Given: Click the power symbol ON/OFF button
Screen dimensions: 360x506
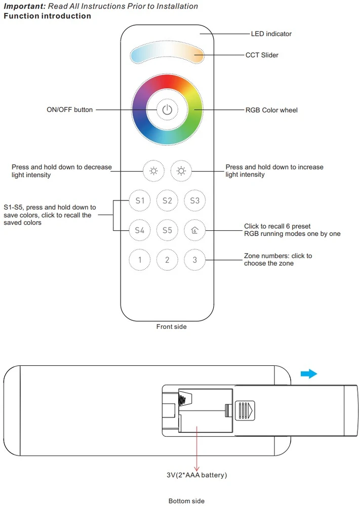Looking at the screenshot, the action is pos(167,110).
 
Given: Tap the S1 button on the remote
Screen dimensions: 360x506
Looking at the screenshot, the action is pos(140,200).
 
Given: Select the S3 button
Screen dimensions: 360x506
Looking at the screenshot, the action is pos(195,200).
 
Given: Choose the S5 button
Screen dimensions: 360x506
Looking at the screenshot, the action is pos(167,230).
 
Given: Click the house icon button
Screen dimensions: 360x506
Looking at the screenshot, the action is pos(195,230).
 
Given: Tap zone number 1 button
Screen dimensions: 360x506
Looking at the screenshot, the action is pos(140,260).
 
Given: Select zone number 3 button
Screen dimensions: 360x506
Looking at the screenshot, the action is pos(195,260).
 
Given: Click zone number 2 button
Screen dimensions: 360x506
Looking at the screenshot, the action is pos(167,260).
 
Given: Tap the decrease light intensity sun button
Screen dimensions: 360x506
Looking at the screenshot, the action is pos(154,171).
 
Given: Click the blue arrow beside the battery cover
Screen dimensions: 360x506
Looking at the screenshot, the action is pos(309,374).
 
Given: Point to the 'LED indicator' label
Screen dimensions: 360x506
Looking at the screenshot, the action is pos(271,34).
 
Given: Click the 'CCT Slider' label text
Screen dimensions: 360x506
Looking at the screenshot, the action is pos(262,55).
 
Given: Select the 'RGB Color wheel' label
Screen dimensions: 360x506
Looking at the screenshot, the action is pos(271,110).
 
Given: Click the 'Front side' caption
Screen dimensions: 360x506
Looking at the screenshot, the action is pos(172,326).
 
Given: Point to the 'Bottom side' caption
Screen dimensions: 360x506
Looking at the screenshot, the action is pos(187,501).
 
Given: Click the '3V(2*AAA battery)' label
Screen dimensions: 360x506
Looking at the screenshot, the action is pos(197,475).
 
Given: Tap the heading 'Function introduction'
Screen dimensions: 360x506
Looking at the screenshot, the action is pos(48,16).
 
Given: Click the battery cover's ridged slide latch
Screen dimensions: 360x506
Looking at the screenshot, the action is pos(245,410).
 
